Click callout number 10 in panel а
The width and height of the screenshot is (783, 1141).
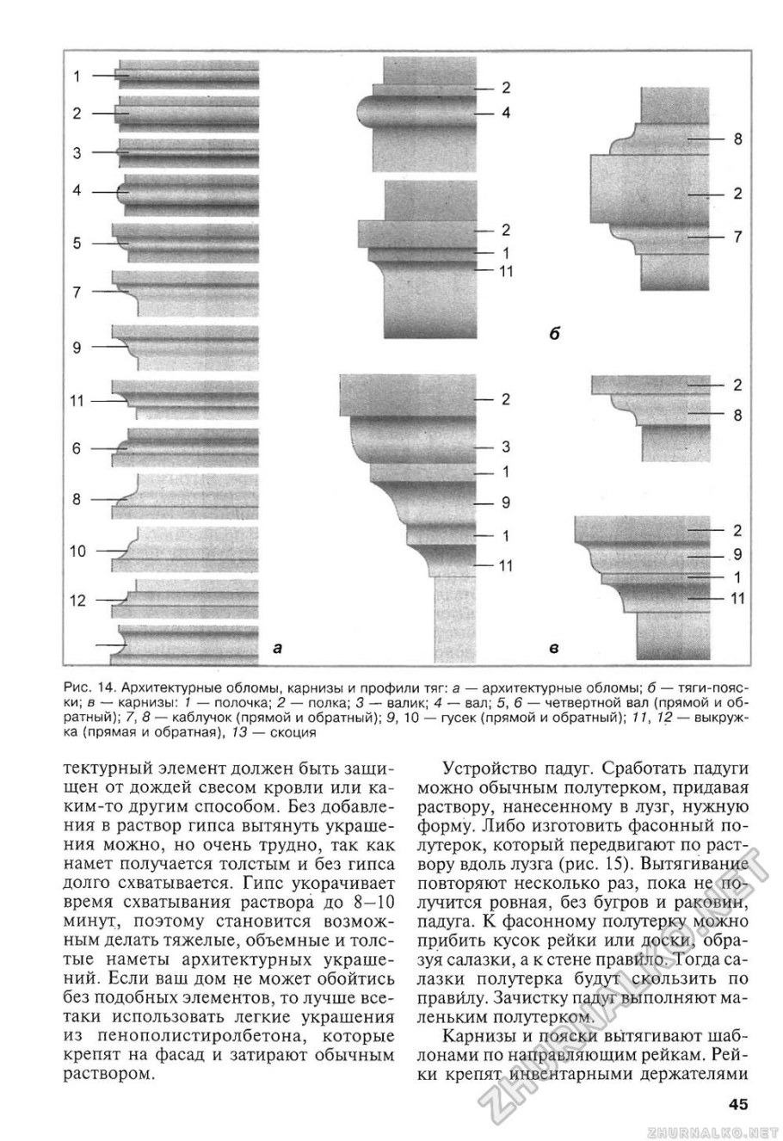[x=77, y=551]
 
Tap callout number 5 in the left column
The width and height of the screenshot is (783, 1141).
[x=77, y=244]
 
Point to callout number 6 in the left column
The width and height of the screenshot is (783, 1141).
[x=77, y=448]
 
